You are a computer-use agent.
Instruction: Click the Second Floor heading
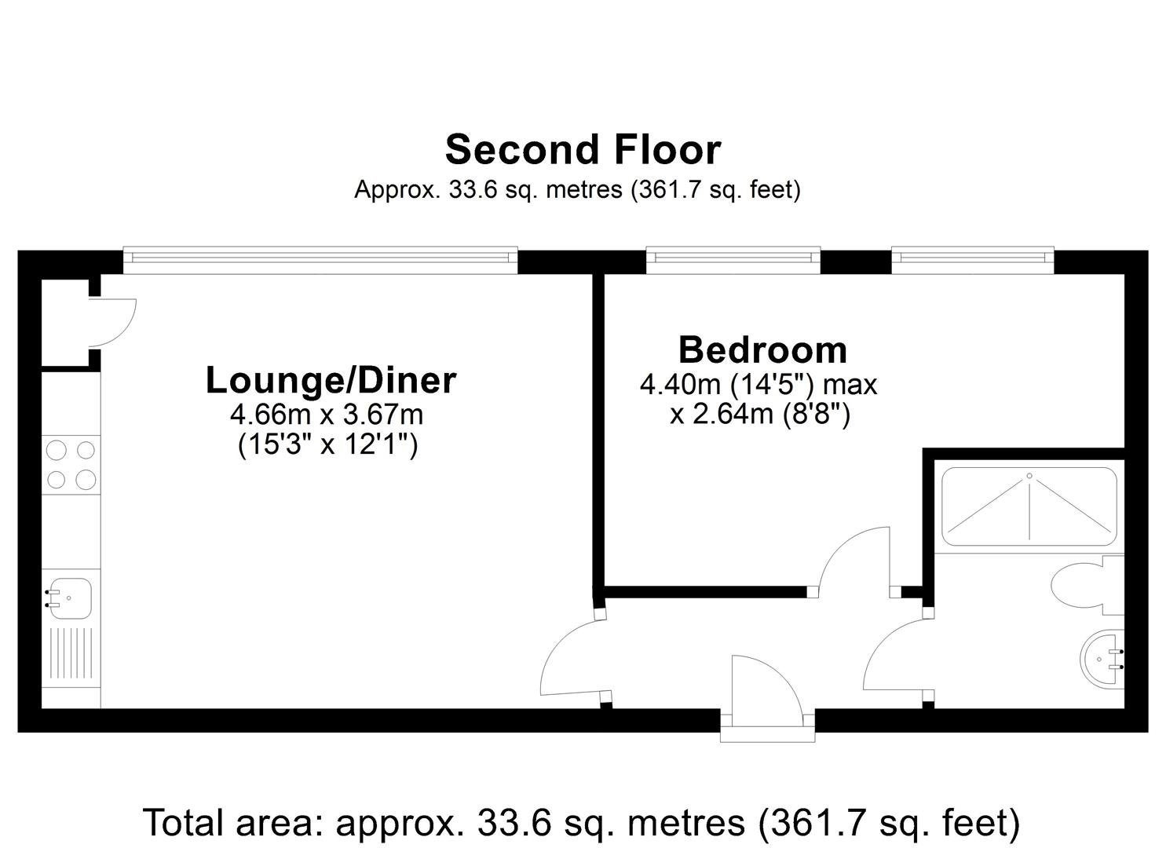pyautogui.click(x=583, y=151)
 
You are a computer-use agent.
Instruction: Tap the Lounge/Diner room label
pyautogui.click(x=331, y=381)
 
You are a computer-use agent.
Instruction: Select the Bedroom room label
pyautogui.click(x=763, y=350)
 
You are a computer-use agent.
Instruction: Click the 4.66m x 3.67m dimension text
pyautogui.click(x=327, y=415)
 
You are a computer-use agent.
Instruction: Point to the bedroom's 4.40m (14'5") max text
pyautogui.click(x=758, y=386)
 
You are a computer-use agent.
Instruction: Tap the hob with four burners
pyautogui.click(x=71, y=464)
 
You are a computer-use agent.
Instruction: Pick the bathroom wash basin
pyautogui.click(x=1102, y=659)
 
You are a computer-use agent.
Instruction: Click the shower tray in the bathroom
pyautogui.click(x=1029, y=506)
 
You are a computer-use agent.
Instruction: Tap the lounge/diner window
pyautogui.click(x=320, y=260)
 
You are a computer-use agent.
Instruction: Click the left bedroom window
pyautogui.click(x=733, y=260)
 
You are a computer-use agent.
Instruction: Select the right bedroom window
pyautogui.click(x=972, y=260)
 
